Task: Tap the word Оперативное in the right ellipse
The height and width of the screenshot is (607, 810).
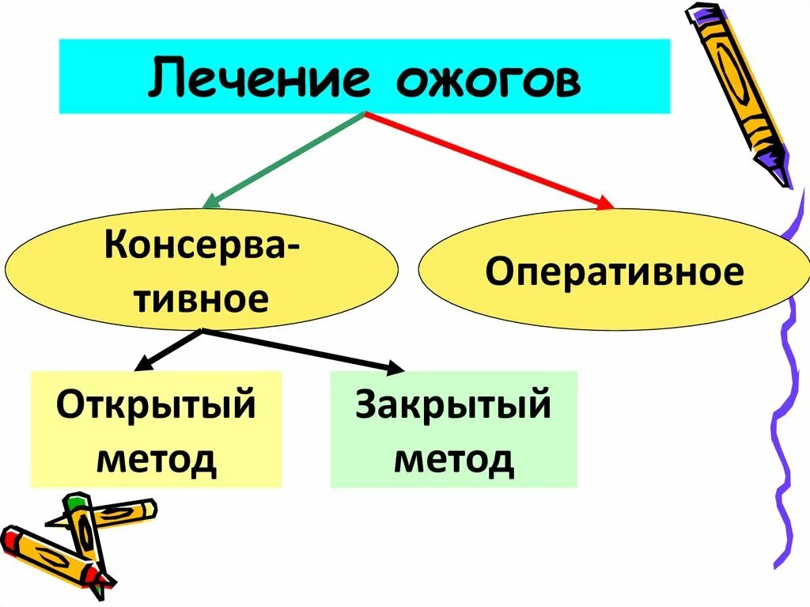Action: (614, 272)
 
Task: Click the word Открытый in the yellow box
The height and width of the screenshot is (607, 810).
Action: (156, 404)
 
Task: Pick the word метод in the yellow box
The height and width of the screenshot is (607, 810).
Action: (156, 458)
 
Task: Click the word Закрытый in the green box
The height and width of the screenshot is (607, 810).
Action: (453, 404)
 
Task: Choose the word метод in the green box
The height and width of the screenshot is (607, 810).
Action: (453, 458)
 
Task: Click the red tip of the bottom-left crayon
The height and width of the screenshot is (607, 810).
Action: (9, 538)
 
